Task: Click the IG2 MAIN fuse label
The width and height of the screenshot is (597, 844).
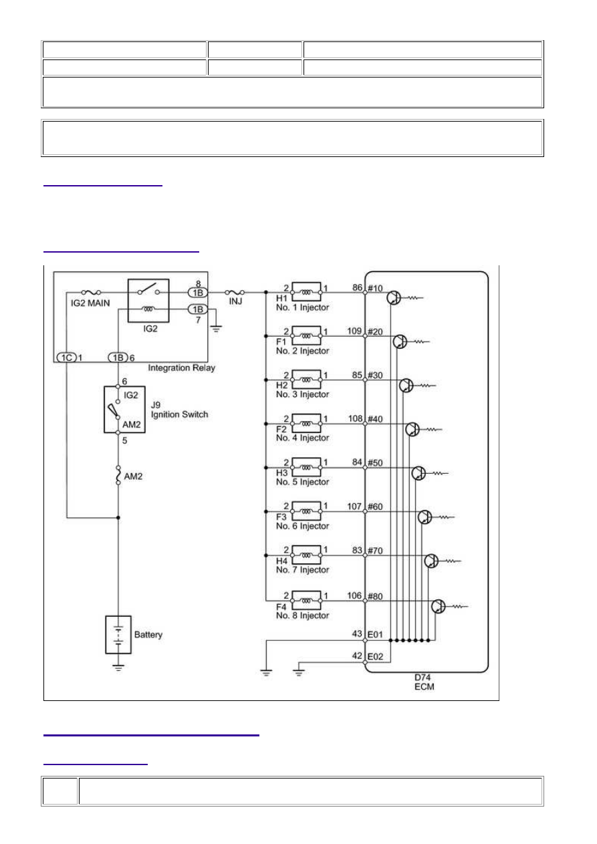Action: click(x=90, y=303)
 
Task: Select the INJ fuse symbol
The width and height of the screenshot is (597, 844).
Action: click(x=235, y=292)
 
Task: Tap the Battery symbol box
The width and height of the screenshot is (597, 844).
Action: click(x=118, y=635)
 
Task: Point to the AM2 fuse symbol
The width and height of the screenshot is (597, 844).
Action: click(x=118, y=475)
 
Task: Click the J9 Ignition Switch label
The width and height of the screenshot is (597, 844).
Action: click(x=179, y=410)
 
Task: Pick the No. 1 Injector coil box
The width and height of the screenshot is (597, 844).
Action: click(x=306, y=291)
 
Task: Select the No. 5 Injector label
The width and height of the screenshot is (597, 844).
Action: click(x=302, y=482)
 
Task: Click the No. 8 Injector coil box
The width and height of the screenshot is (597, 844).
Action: click(x=306, y=600)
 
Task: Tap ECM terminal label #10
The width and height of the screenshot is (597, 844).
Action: click(x=375, y=288)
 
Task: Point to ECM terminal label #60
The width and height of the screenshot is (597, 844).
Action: click(x=375, y=507)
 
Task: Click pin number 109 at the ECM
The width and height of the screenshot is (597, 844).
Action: click(x=354, y=331)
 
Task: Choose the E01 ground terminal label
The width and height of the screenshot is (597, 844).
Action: click(x=375, y=635)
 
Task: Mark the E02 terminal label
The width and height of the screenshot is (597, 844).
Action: click(x=375, y=656)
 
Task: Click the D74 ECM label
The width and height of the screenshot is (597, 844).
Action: click(x=424, y=682)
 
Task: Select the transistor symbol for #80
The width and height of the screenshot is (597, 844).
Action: click(x=438, y=606)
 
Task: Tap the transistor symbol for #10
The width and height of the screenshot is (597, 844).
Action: click(x=394, y=297)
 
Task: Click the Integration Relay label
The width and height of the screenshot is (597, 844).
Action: click(x=181, y=368)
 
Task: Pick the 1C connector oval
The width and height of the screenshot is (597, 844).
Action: click(x=66, y=358)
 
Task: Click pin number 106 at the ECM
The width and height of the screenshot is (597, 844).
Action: click(x=354, y=595)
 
